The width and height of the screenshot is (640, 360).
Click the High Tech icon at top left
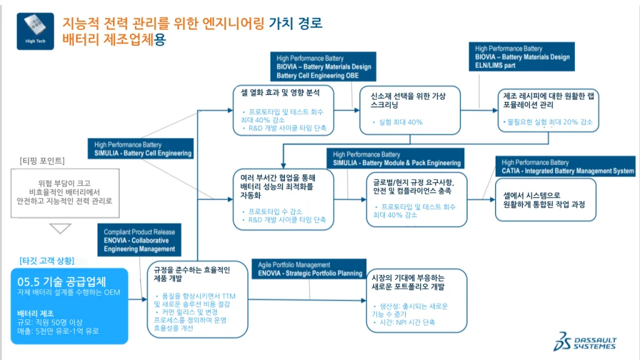point(35,30)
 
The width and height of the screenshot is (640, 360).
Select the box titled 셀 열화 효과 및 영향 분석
point(283,110)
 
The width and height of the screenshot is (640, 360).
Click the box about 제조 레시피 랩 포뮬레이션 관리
point(548,109)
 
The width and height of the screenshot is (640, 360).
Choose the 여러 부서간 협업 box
point(283,198)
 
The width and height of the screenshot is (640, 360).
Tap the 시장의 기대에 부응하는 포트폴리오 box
point(416,300)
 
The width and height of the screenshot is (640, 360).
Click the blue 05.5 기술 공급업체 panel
point(69,305)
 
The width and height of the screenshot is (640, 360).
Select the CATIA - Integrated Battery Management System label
point(567,167)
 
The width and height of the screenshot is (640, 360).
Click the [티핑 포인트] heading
point(42,161)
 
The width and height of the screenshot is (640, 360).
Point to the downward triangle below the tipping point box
point(61,229)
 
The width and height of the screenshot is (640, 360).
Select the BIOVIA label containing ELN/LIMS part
point(522,57)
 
